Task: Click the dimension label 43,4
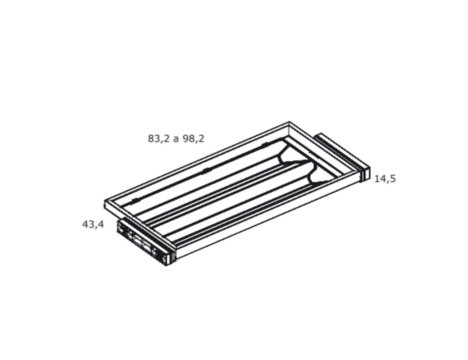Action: tap(93, 224)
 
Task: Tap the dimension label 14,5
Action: tap(385, 179)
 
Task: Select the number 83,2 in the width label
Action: tap(158, 139)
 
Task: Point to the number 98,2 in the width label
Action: tap(193, 139)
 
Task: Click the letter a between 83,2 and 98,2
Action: tap(176, 139)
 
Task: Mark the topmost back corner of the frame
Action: tap(289, 122)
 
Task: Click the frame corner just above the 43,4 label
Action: tap(105, 201)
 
